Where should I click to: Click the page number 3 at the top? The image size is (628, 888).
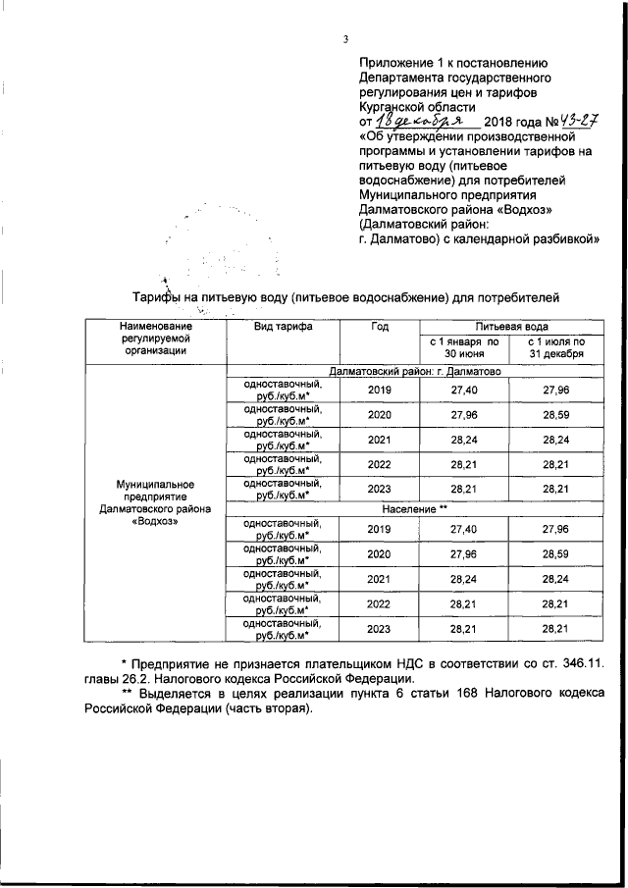(345, 40)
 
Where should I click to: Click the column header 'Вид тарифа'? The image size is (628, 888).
(283, 326)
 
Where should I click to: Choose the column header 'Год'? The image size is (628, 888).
(380, 326)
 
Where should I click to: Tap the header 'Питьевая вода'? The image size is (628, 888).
(512, 326)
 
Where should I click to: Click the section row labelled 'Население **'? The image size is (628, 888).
(414, 510)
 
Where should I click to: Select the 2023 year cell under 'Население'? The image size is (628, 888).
(379, 628)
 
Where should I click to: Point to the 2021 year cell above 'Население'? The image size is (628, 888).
(379, 441)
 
